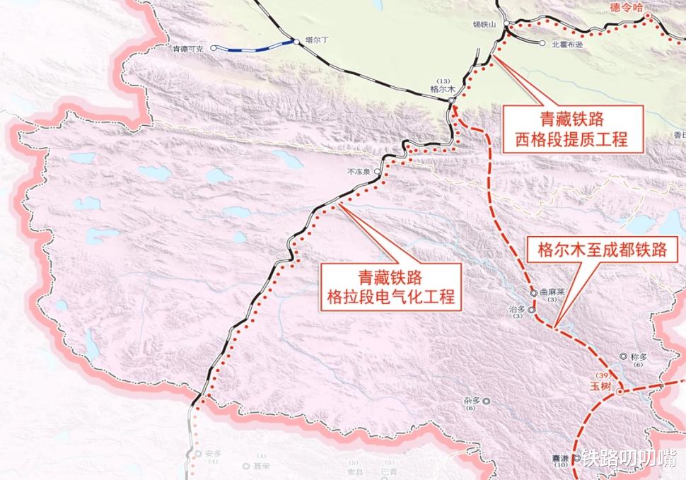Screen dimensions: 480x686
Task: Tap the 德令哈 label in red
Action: click(625, 6)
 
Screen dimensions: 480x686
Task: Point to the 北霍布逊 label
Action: click(569, 44)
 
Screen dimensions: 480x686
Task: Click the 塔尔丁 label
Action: click(318, 40)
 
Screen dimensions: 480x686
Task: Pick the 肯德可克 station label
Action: click(187, 49)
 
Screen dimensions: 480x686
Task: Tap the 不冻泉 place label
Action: click(359, 171)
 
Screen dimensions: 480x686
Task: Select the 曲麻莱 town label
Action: click(553, 291)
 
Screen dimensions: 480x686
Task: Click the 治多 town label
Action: click(517, 309)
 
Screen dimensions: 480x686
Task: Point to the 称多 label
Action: click(638, 356)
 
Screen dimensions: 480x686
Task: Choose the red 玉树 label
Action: click(601, 387)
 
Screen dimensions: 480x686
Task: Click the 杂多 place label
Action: click(472, 401)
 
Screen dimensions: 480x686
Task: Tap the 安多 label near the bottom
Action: click(213, 453)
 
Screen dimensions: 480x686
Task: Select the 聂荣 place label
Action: click(262, 467)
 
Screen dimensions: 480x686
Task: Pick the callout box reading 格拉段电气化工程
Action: click(390, 286)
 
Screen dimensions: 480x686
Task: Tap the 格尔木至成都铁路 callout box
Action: click(607, 250)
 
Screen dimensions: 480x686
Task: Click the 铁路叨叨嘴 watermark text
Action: click(629, 459)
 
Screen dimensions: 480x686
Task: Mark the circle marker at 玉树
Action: click(620, 390)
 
